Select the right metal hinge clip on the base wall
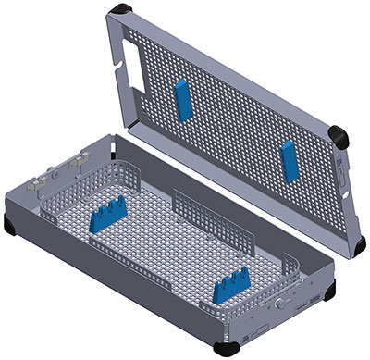(x=82, y=158)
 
